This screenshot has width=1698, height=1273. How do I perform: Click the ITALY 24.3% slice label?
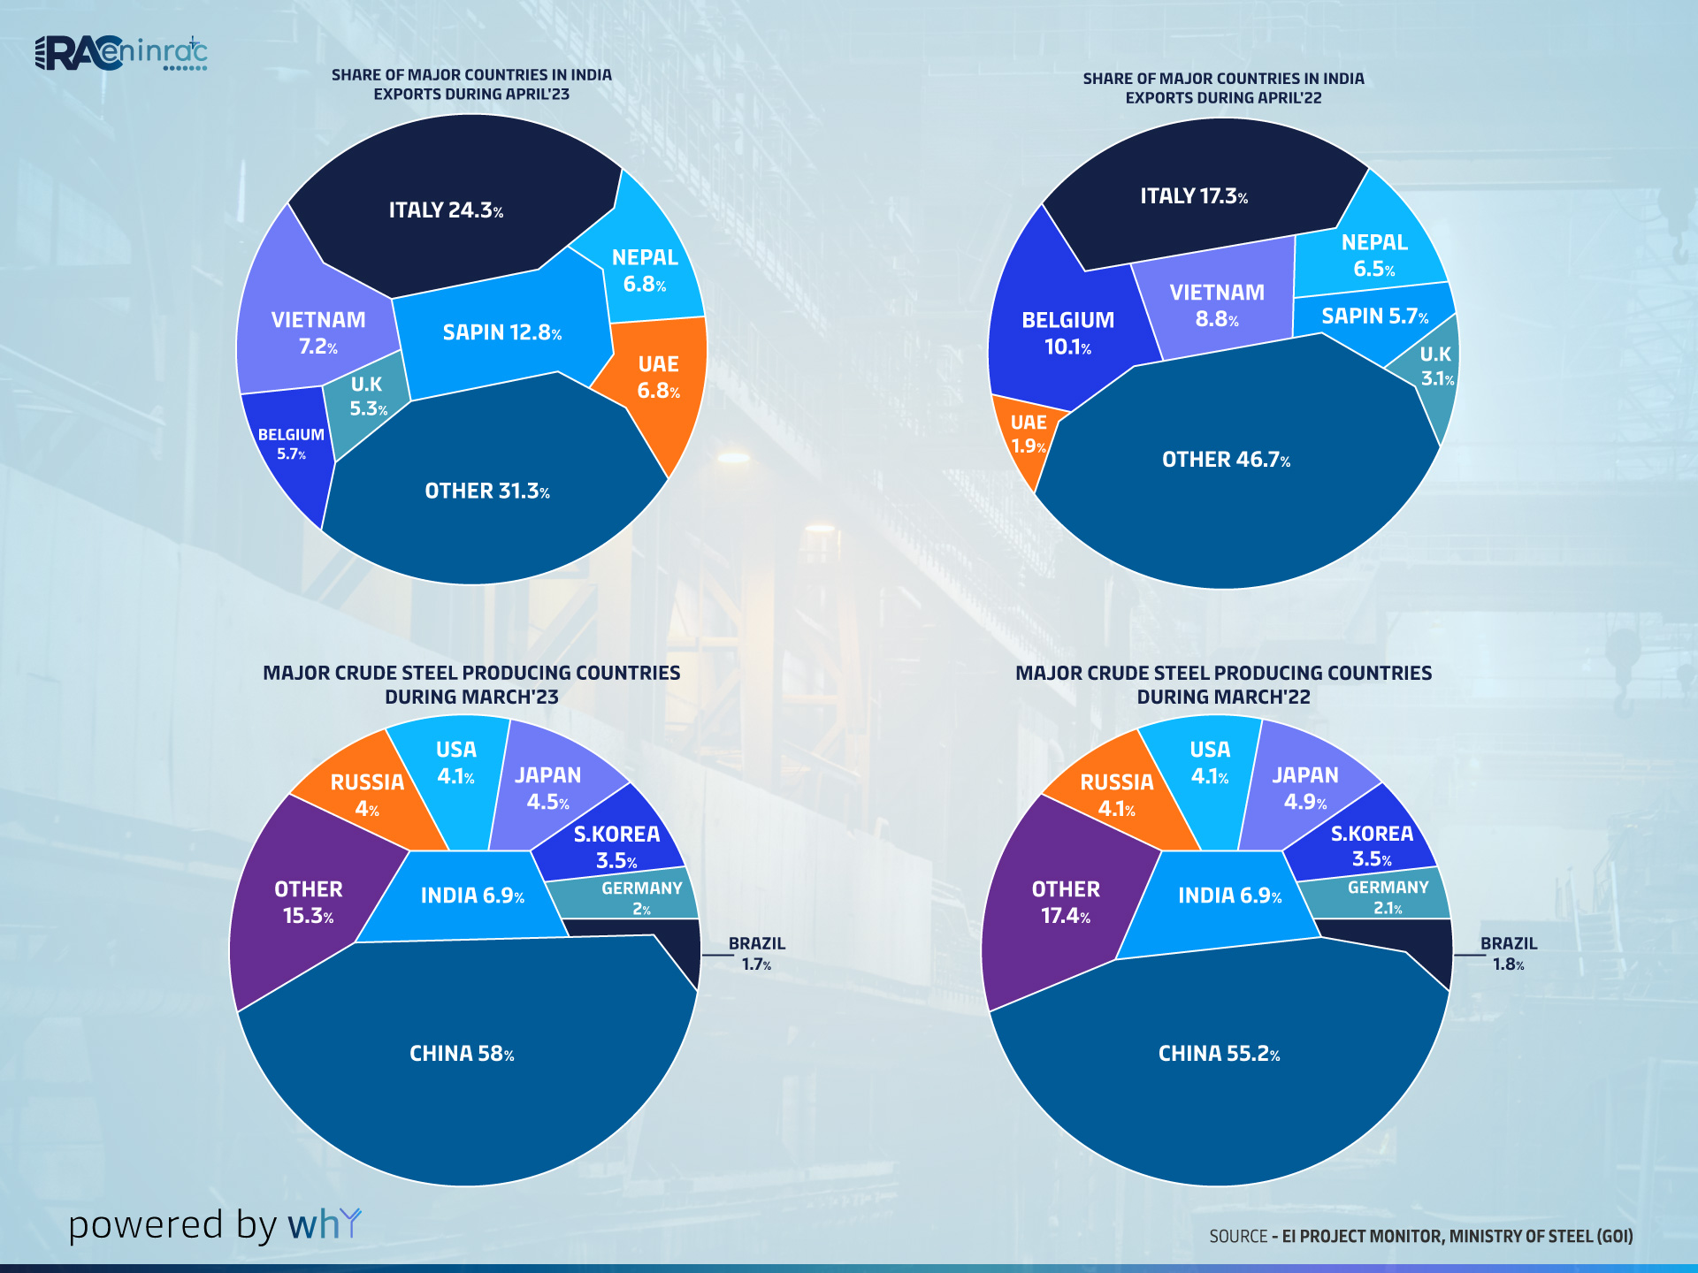coord(446,210)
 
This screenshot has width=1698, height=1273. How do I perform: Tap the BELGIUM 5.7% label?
coord(291,444)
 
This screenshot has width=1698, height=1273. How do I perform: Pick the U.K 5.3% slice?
coord(368,397)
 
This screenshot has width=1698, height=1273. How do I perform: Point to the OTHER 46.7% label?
coord(1226,460)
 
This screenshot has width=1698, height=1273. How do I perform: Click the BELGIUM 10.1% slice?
coord(1067,333)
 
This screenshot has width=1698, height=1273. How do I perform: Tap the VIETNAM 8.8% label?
coord(1217,305)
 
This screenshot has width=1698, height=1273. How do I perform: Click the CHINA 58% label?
coord(462,1054)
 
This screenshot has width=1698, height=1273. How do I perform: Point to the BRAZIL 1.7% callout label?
coord(757,954)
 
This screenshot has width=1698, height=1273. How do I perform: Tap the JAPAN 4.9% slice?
coord(1304,788)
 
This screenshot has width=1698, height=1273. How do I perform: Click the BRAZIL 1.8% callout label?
coord(1509,954)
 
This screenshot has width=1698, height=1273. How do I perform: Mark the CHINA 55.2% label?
coord(1219,1054)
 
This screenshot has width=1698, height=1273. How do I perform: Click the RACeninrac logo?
coord(121,53)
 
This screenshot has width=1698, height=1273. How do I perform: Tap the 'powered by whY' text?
coord(215,1225)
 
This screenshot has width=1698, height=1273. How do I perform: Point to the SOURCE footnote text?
coord(1420,1236)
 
